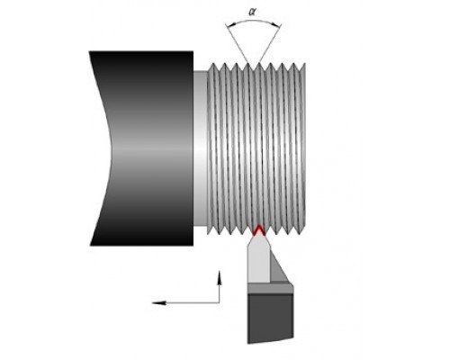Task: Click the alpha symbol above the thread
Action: coord(253,12)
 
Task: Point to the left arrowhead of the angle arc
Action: coord(229,25)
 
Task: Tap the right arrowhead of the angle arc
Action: coord(278,25)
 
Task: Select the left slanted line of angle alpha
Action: coord(237,44)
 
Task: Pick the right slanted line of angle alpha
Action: coord(269,45)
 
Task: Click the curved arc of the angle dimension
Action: coord(254,21)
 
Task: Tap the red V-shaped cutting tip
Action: coord(258,229)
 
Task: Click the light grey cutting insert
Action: coord(258,259)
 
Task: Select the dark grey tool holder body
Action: coord(270,318)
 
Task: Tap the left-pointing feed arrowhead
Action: coord(159,302)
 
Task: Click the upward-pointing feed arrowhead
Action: coord(220,277)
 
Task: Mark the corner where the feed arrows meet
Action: coord(220,302)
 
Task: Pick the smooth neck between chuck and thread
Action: coord(201,148)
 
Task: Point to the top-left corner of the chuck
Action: coord(89,51)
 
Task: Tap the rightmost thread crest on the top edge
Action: coord(304,64)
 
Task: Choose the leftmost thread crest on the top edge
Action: coord(213,64)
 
